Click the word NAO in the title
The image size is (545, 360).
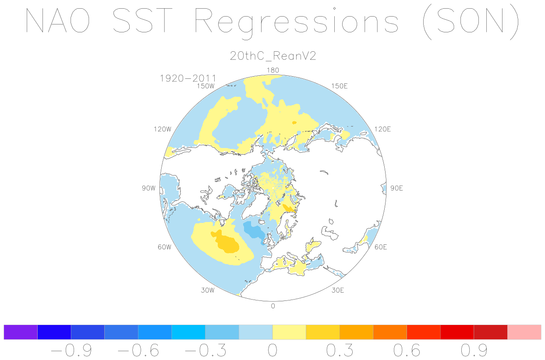[57, 20]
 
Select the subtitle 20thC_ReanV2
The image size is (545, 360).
[273, 56]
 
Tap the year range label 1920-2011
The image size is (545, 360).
[188, 78]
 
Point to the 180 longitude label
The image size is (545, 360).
[273, 71]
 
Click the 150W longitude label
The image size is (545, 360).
[206, 86]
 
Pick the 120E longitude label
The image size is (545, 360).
[382, 129]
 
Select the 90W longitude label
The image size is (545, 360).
[149, 188]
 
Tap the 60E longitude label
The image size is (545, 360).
[381, 247]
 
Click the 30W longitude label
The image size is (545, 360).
[208, 290]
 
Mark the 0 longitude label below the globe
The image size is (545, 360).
[273, 306]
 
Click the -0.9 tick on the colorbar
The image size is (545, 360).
[71, 350]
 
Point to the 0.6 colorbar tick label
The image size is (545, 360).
[407, 350]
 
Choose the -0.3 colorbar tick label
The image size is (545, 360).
[205, 350]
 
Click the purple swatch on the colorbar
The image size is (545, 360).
[21, 332]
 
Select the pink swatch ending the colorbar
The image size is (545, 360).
[524, 332]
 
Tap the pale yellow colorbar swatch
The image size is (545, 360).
[289, 332]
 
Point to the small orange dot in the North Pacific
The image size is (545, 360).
[294, 123]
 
